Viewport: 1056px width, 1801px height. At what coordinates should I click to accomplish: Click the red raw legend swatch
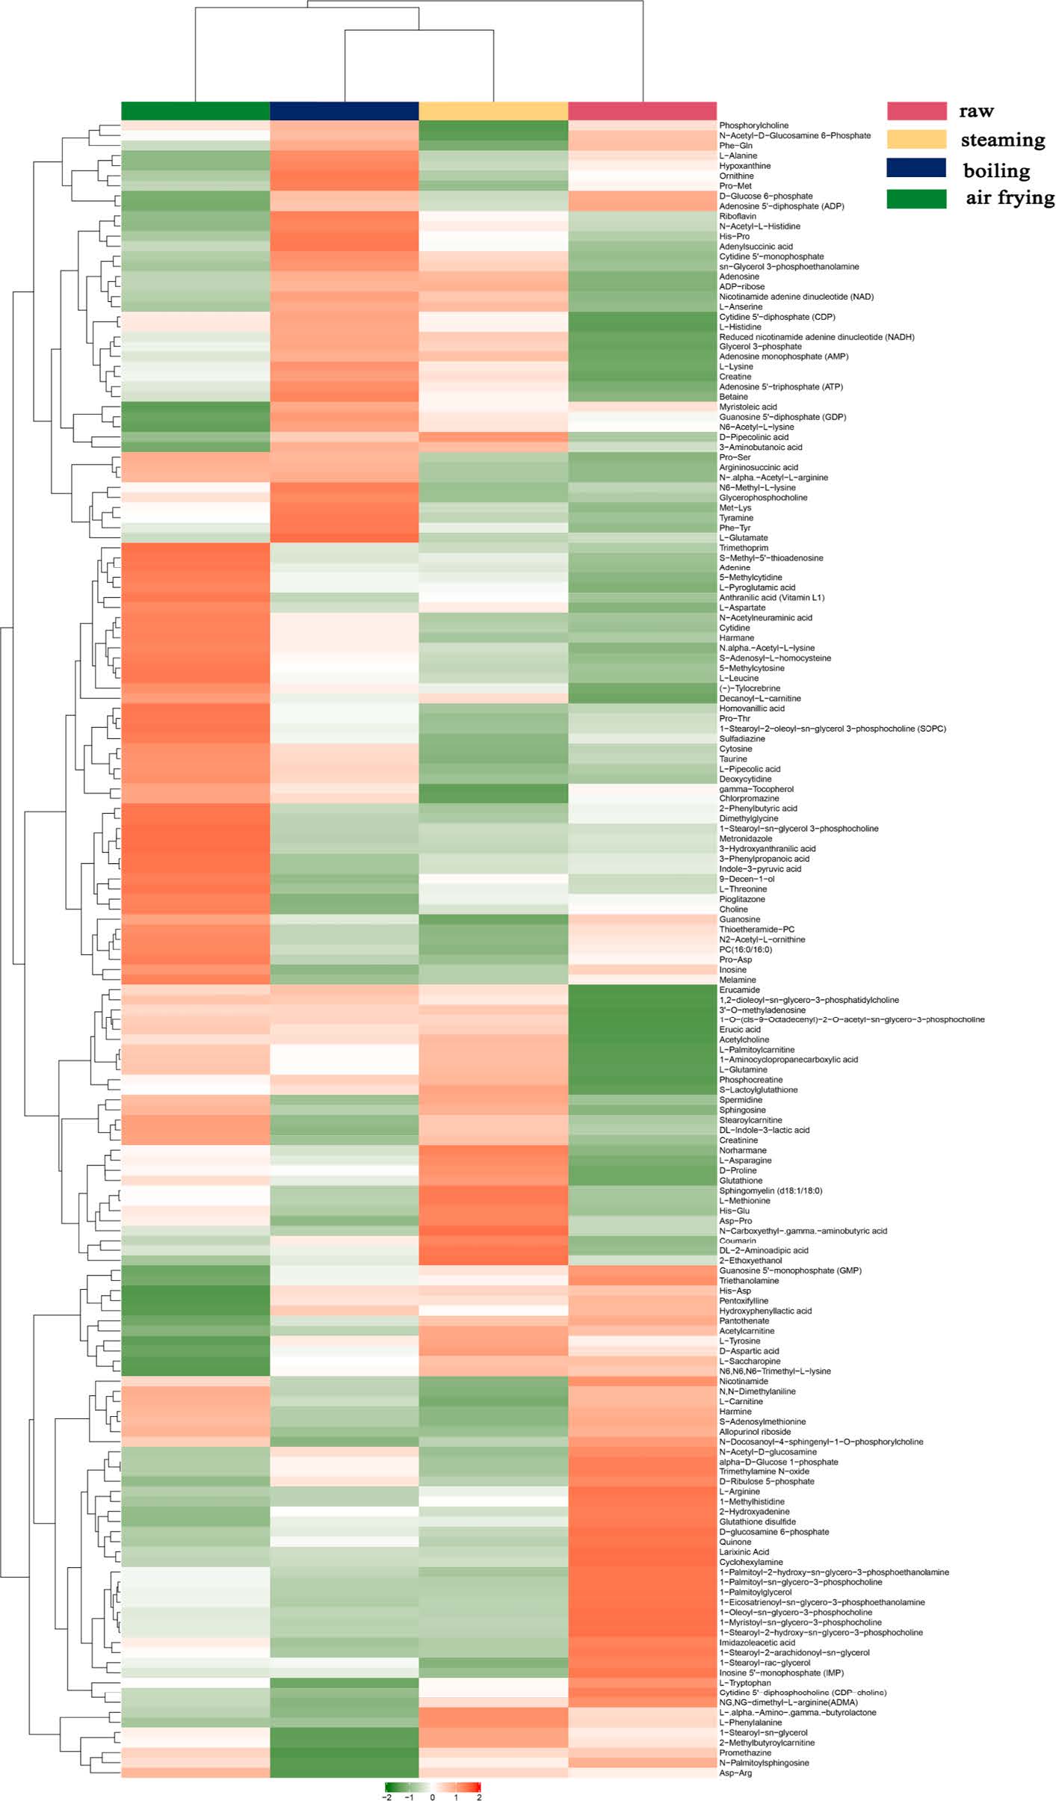[x=916, y=111]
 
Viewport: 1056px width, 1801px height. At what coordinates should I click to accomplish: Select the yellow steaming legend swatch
[x=916, y=140]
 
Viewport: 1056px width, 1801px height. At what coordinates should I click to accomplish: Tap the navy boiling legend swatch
[x=916, y=168]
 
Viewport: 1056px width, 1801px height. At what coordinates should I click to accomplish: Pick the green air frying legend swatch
[x=916, y=199]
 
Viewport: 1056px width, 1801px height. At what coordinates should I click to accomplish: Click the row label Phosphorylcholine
[x=753, y=126]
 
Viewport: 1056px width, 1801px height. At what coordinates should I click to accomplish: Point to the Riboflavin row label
[x=738, y=216]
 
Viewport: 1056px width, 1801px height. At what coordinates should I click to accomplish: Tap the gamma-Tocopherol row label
[x=756, y=789]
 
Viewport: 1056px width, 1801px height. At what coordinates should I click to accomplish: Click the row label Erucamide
[x=739, y=989]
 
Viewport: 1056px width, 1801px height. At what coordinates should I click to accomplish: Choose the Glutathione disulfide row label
[x=757, y=1522]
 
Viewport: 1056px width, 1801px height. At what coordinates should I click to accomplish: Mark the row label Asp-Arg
[x=735, y=1773]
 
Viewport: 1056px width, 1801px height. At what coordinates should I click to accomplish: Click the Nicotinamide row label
[x=744, y=1381]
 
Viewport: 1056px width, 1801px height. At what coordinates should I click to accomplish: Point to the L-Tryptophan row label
[x=744, y=1683]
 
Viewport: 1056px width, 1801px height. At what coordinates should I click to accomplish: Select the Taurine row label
[x=733, y=759]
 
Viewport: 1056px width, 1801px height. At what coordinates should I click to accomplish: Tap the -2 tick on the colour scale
[x=386, y=1797]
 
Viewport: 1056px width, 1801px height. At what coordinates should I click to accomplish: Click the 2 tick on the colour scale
[x=479, y=1797]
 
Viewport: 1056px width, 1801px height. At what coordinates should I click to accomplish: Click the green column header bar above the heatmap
[x=195, y=111]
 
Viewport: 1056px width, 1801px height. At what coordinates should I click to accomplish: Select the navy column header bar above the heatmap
[x=344, y=111]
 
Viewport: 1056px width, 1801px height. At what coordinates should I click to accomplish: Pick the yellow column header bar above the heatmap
[x=493, y=111]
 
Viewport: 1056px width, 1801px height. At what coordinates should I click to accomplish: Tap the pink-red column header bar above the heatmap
[x=642, y=111]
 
